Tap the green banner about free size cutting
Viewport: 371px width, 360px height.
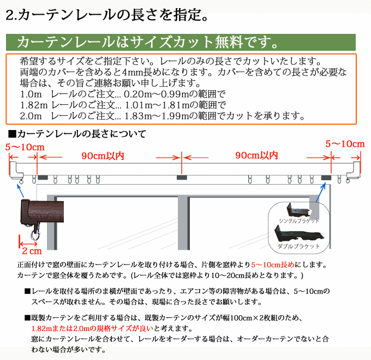[x=181, y=42]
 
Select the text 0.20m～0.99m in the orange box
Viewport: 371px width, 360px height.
[x=157, y=95]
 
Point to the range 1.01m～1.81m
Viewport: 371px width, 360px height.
[x=157, y=105]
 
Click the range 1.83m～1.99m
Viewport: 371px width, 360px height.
[x=157, y=116]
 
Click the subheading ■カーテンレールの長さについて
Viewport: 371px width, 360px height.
[x=77, y=134]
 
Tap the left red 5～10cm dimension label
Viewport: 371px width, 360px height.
[x=25, y=147]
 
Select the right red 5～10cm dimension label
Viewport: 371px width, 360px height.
[x=345, y=144]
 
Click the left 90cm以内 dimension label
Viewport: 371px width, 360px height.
[x=103, y=156]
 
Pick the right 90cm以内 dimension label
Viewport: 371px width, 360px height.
[x=256, y=155]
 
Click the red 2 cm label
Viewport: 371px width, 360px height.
[x=32, y=251]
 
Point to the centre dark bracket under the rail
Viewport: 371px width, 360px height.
[x=182, y=178]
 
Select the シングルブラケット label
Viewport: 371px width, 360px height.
[x=299, y=221]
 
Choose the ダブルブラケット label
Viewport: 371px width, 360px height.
[x=298, y=246]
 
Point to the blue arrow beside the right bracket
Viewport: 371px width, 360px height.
[x=321, y=192]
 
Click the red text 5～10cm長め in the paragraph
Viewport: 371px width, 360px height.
[x=273, y=264]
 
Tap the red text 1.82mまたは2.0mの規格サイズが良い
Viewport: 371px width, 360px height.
[x=93, y=328]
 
